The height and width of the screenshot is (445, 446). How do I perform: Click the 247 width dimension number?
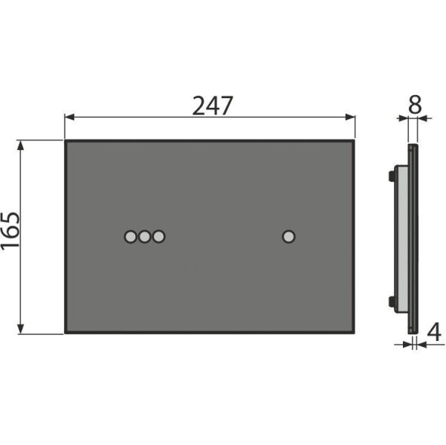tap(213, 105)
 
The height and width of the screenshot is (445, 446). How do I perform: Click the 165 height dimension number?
tap(10, 231)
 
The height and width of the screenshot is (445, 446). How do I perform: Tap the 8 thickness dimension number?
tap(415, 104)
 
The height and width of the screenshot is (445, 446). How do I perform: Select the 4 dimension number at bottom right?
tap(434, 332)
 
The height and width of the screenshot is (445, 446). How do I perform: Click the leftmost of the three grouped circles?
tap(131, 236)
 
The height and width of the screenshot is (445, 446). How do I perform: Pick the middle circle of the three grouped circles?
tap(144, 236)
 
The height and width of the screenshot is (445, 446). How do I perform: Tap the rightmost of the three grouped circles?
tap(158, 236)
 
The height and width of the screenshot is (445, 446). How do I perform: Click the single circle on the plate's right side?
tap(288, 236)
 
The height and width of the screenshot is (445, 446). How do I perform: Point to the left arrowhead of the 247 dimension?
tap(69, 117)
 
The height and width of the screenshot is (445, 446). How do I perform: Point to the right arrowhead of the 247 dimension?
tap(350, 117)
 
